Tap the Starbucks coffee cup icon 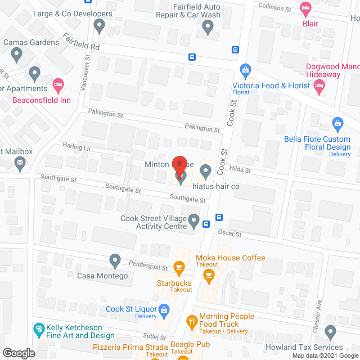179,266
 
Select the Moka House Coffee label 230,258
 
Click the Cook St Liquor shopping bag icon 164,309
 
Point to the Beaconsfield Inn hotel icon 58,87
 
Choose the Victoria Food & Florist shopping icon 245,70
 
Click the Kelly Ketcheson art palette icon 39,328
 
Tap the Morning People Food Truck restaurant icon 191,322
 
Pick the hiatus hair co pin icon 206,170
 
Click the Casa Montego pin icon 115,260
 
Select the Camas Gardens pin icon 16,55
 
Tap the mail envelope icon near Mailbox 21,164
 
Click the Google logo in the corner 18,353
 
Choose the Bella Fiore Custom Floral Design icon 338,123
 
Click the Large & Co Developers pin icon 100,25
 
